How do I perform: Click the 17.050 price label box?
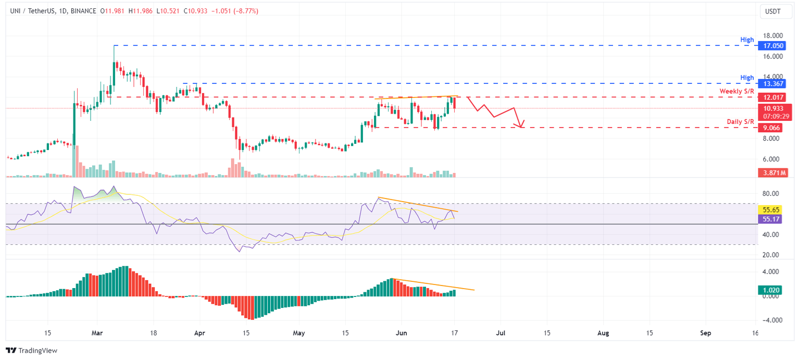[x=773, y=46]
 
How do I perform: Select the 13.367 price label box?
[x=773, y=83]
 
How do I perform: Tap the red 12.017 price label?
[x=773, y=97]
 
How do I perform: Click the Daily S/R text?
[x=740, y=122]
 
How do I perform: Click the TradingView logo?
[x=31, y=351]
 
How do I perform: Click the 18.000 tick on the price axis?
[x=773, y=35]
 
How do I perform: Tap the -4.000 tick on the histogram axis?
[x=772, y=320]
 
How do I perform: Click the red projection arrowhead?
[x=520, y=125]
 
